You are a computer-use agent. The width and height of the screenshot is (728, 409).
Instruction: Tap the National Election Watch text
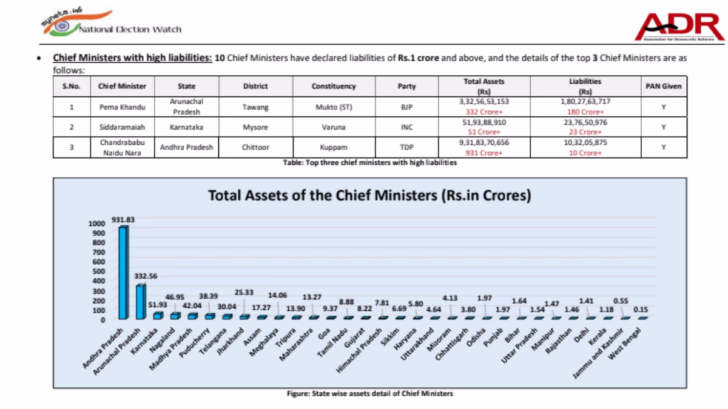tap(130, 29)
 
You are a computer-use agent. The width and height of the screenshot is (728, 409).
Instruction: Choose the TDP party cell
tap(406, 147)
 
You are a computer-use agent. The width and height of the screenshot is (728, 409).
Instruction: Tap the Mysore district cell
tap(255, 127)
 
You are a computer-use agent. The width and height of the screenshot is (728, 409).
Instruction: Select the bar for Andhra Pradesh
tap(123, 273)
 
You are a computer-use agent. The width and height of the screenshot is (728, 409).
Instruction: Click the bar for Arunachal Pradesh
tap(141, 302)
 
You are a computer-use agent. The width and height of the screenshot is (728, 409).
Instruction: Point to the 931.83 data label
tap(123, 220)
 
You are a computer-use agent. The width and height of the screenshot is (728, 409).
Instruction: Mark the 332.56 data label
tap(146, 276)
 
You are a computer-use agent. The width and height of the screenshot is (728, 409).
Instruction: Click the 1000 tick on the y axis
tap(97, 224)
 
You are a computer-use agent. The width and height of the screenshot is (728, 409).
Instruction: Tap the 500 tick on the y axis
tap(99, 271)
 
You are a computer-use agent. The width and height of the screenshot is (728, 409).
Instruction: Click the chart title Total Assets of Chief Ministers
tap(369, 196)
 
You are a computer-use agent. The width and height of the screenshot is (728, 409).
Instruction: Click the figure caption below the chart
tap(369, 394)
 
